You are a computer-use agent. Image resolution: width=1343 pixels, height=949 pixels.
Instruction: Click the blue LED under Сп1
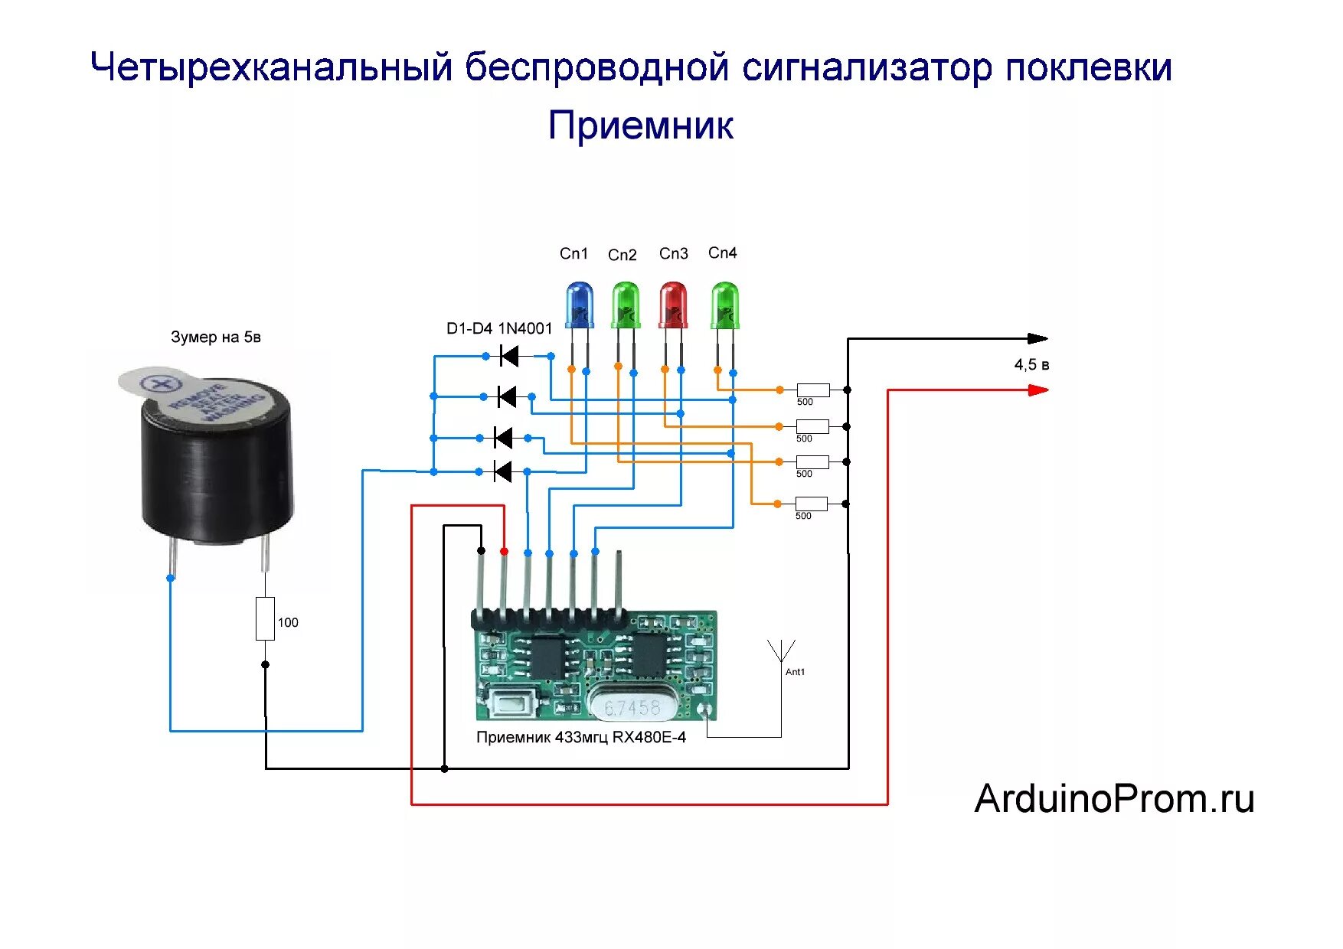[579, 305]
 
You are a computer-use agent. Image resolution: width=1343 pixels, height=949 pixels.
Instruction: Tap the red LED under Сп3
[673, 305]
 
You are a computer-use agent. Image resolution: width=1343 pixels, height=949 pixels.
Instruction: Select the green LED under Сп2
[626, 305]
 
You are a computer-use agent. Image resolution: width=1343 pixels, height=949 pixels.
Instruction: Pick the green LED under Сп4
[724, 305]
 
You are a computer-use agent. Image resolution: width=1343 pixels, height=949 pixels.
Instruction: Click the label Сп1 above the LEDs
[573, 253]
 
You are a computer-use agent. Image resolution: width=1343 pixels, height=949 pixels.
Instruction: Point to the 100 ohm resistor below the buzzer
[265, 618]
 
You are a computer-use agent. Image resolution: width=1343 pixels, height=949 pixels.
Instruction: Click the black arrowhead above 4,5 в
[1037, 338]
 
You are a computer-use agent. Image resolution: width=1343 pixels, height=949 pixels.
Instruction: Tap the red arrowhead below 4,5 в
[1037, 390]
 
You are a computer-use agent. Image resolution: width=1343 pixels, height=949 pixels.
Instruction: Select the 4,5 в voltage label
[1031, 365]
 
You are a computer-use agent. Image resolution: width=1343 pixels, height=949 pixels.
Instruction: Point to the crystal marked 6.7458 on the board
[632, 706]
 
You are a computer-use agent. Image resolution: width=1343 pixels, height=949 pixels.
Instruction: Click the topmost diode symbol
[508, 356]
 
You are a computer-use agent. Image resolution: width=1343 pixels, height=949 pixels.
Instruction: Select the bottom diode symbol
[502, 471]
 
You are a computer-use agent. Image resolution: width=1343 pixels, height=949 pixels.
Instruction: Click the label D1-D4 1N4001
[499, 329]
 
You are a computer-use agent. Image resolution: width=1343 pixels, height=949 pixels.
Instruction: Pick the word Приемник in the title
[641, 126]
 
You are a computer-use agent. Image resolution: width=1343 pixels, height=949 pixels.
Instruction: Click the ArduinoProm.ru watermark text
[1114, 799]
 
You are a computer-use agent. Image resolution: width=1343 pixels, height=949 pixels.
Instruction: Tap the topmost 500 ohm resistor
[812, 390]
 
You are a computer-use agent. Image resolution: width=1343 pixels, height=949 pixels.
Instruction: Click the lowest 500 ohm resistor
[811, 504]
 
